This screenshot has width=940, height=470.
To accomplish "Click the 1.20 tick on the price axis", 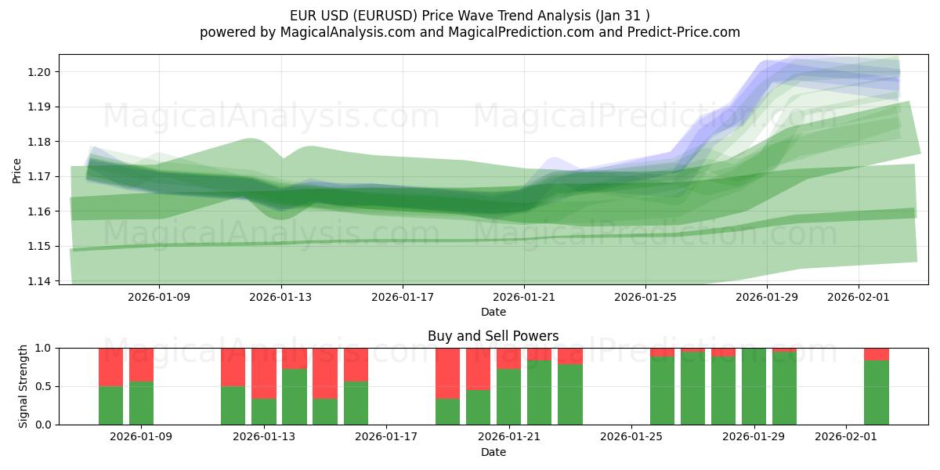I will [x=41, y=72].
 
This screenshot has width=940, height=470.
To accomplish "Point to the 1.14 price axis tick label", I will [x=41, y=281].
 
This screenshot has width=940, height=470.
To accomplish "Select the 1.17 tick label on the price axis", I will [x=41, y=176].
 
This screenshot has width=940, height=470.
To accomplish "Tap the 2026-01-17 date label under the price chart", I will [x=403, y=297].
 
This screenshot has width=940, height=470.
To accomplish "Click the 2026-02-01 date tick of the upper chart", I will [x=859, y=297].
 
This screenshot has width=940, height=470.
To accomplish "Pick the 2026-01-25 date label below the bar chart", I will [x=631, y=437].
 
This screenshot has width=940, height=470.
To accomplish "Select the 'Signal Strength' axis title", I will [x=23, y=386].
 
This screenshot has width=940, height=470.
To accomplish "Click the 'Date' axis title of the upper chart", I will [x=493, y=312].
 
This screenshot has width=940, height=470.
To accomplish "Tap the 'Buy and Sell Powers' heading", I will [x=493, y=336].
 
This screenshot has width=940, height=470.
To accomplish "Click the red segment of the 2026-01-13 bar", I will [x=264, y=373].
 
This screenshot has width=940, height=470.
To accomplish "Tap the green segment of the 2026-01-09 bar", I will [x=142, y=403].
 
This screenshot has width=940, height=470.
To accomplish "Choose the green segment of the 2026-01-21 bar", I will [x=509, y=396].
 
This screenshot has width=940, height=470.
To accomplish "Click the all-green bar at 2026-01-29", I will [x=754, y=386].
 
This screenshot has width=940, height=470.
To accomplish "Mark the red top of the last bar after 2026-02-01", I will [x=877, y=354].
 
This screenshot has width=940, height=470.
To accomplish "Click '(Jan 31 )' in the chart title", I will [x=621, y=15].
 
